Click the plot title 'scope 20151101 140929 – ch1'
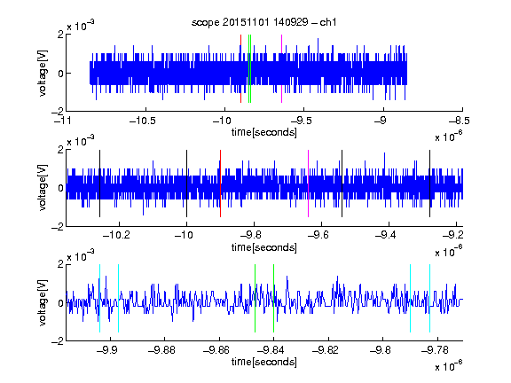point(264,22)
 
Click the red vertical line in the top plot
point(240,69)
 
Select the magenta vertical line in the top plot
point(281,69)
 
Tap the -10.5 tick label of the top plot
point(143,121)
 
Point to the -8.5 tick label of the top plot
point(459,121)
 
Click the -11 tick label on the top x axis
point(64,121)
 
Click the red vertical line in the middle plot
point(221,184)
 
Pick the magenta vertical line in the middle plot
point(309,184)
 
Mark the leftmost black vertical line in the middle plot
point(99,184)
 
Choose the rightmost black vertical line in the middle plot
point(430,184)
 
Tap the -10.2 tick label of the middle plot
point(116,235)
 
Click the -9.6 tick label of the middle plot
point(318,235)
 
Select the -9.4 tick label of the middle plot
point(386,235)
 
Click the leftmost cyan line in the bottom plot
point(99,298)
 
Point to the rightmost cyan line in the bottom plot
point(430,298)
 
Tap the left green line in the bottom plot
point(255,298)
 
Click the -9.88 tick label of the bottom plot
point(161,350)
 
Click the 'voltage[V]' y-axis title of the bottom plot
point(43,302)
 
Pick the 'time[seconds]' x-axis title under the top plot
point(264,132)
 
